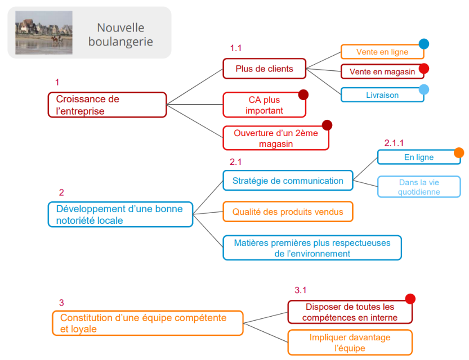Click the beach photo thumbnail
tap(36, 33)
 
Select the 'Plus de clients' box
tap(264, 69)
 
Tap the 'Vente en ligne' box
tap(382, 52)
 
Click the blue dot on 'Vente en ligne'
tap(424, 44)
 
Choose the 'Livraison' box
tap(382, 95)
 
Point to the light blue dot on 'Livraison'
tap(424, 89)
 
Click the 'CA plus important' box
tap(264, 105)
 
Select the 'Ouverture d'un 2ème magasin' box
tap(276, 138)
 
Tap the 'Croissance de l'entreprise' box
tap(107, 105)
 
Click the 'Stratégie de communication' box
tap(288, 181)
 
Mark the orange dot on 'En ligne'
tap(459, 152)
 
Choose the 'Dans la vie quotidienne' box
tap(418, 187)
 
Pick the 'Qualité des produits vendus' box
tap(288, 211)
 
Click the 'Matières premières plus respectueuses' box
tap(312, 247)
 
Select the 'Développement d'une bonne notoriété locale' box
tap(120, 214)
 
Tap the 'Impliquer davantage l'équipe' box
tap(350, 342)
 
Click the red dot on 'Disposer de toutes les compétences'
tap(410, 299)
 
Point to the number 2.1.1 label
tap(394, 143)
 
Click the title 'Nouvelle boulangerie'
tap(120, 34)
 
